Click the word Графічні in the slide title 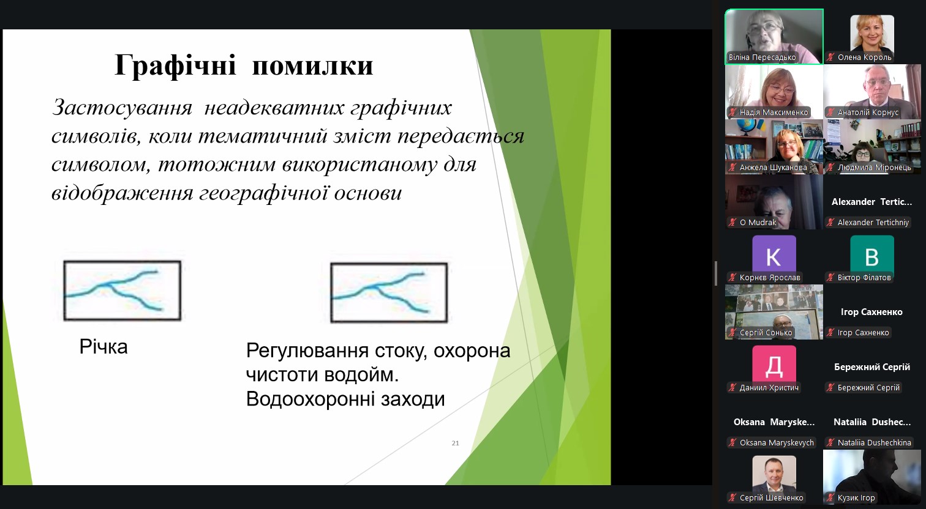[175, 65]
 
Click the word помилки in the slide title [312, 65]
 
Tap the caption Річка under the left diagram [104, 347]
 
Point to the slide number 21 [455, 443]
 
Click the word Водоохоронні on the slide [310, 399]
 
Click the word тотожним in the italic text [217, 165]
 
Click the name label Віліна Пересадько [762, 58]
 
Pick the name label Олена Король [864, 58]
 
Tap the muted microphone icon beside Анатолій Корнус [830, 113]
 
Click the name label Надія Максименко [774, 113]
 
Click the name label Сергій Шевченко [772, 498]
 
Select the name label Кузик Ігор [856, 498]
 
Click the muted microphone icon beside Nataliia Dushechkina [830, 442]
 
